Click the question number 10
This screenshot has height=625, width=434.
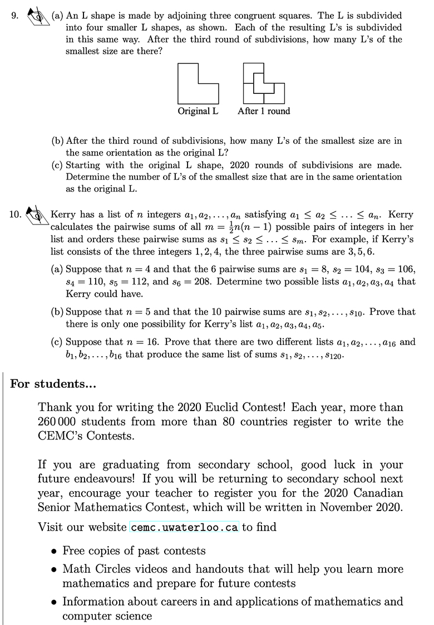[16, 214]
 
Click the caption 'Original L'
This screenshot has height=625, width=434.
[198, 111]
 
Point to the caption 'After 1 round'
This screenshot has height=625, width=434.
[264, 111]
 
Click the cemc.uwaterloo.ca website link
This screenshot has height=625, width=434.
[184, 527]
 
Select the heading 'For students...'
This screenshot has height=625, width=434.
[53, 384]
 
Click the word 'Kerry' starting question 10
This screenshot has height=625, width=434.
[62, 214]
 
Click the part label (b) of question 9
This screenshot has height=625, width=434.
[57, 141]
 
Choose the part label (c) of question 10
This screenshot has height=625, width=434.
[57, 342]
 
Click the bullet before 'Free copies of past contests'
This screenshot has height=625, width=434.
[53, 552]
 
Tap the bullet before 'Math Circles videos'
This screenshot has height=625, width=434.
[53, 570]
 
